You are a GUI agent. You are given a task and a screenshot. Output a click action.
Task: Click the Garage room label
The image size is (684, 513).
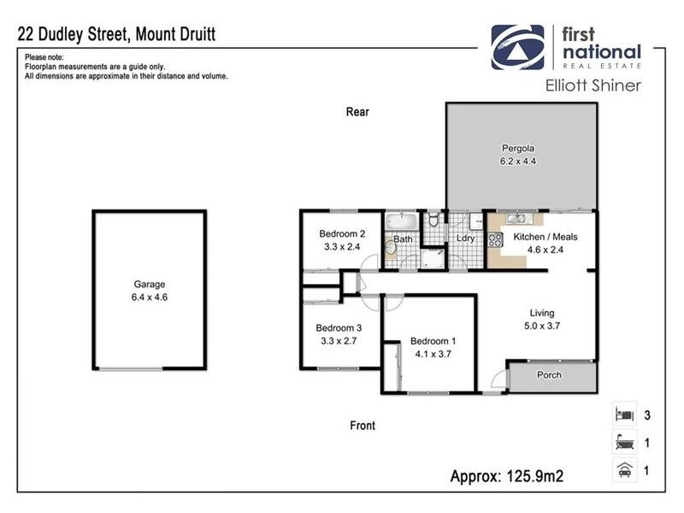(149, 285)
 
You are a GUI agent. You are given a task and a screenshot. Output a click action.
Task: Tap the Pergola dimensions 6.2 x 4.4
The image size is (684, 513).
(518, 161)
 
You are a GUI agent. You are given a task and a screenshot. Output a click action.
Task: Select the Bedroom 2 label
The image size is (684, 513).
(342, 234)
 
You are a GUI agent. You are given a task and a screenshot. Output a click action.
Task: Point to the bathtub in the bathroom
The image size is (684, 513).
(401, 221)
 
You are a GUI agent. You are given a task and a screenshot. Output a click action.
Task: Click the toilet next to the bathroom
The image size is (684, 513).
(433, 221)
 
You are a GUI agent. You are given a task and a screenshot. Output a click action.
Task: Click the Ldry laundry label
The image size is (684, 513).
(465, 239)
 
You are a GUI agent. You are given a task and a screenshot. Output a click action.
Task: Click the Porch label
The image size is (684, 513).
(548, 375)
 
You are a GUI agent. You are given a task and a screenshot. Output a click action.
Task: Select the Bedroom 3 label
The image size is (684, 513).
(339, 327)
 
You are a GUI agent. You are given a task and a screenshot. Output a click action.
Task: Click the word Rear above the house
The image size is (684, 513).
(357, 111)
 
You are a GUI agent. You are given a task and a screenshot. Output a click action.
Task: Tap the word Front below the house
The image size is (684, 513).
(362, 425)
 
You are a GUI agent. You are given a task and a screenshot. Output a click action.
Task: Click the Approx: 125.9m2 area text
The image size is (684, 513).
(510, 475)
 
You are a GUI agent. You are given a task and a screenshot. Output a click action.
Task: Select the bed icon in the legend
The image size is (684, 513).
(623, 416)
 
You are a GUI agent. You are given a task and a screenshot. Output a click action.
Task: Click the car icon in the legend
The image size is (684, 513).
(623, 469)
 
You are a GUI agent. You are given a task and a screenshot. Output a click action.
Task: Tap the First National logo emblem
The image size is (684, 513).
(517, 46)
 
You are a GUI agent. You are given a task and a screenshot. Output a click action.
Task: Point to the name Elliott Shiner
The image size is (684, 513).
(593, 85)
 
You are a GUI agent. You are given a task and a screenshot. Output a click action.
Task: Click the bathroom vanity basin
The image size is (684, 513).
(391, 247)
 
